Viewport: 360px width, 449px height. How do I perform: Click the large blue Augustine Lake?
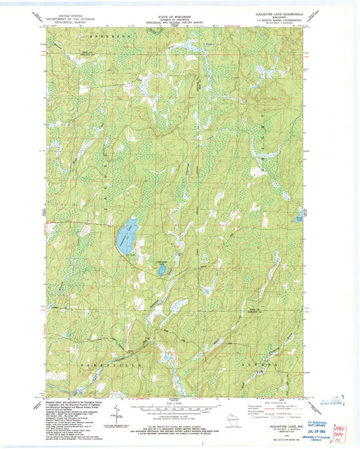click(126, 236)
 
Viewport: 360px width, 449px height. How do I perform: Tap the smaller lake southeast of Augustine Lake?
click(162, 269)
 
